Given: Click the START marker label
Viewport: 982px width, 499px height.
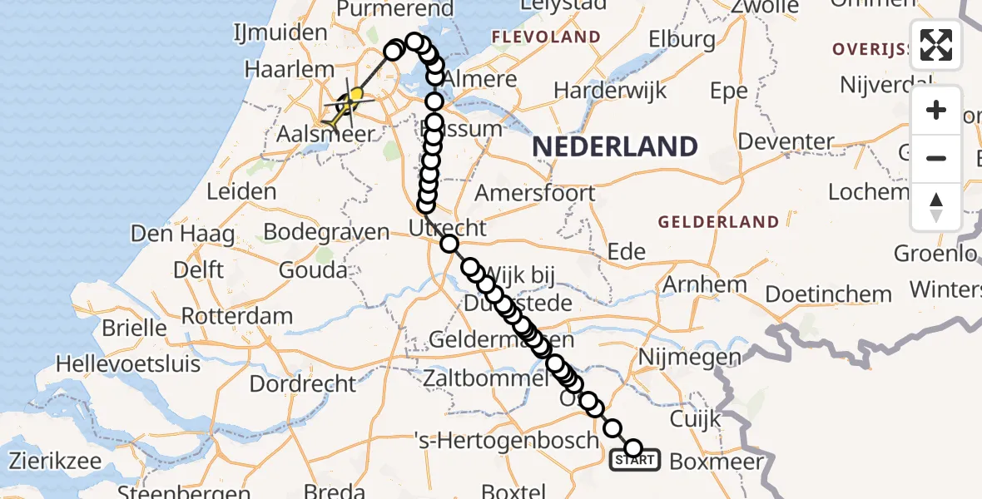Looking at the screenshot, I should tap(636, 460).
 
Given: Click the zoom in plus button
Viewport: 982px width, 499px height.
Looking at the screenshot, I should tap(936, 111).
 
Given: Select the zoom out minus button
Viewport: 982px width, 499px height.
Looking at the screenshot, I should tap(936, 158).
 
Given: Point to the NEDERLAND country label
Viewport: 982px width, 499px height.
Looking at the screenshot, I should tap(615, 147).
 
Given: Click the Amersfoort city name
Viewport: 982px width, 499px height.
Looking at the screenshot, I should tap(535, 194).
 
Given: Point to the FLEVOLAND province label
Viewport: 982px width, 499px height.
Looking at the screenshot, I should tap(546, 37).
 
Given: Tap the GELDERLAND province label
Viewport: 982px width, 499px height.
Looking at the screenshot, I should tap(718, 222).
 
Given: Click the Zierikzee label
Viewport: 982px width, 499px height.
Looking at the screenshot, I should tap(55, 461).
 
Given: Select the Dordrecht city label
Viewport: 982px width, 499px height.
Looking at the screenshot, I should tap(303, 384).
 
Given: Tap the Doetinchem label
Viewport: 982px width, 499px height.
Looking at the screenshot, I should tap(828, 294).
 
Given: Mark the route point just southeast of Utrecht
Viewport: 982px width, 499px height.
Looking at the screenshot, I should tap(449, 244).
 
